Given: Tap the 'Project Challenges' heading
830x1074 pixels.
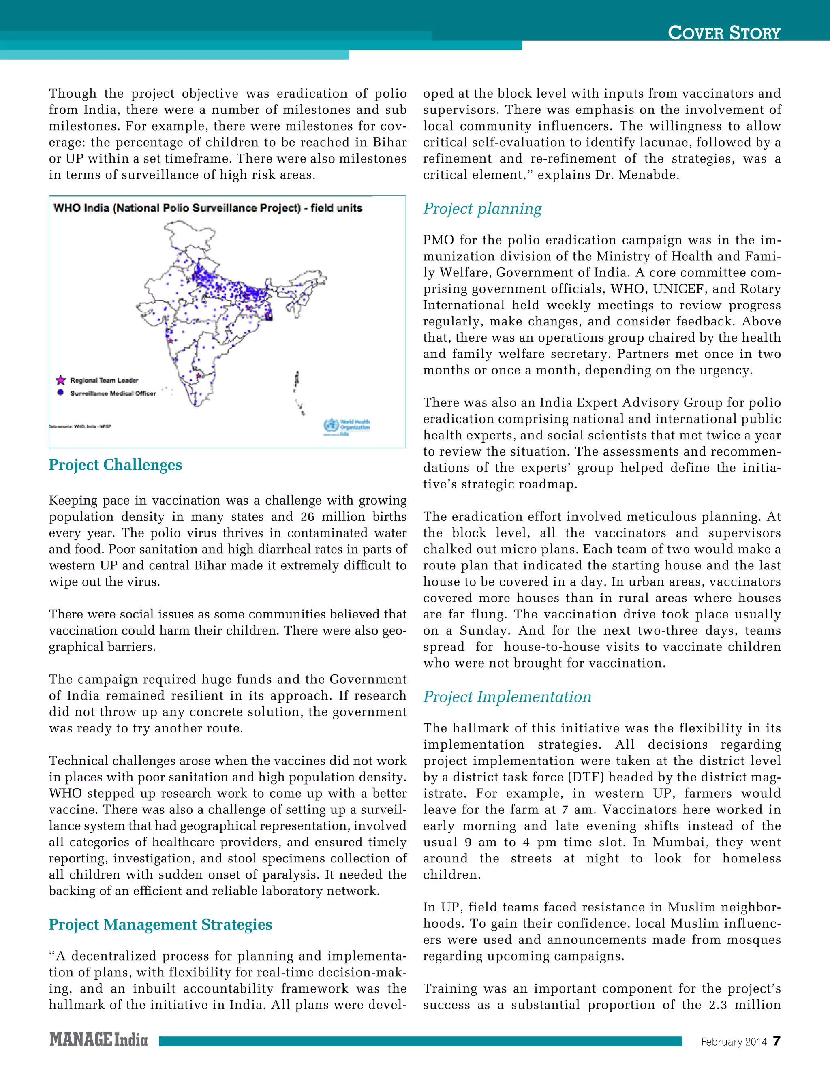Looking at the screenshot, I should pos(115,465).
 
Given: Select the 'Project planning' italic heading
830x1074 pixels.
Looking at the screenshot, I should pos(482,208).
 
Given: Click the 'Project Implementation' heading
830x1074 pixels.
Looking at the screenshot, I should pos(507,697).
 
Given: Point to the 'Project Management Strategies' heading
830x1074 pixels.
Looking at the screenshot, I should pos(160,924).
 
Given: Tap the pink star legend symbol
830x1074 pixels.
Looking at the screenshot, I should pos(60,380).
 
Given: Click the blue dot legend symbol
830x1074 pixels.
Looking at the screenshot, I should pos(60,392).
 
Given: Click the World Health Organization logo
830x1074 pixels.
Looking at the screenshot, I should pos(346,426).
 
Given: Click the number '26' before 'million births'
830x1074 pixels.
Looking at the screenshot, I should pos(307,517).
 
